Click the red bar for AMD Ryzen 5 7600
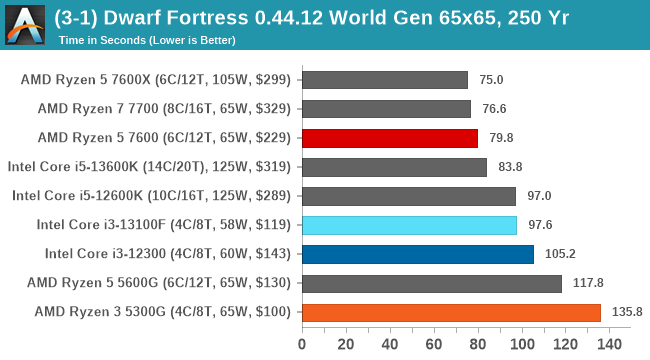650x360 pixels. [x=389, y=138]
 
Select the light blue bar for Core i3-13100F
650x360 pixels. [x=408, y=225]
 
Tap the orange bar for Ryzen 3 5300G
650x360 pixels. [x=450, y=312]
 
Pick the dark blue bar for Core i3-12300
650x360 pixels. [x=417, y=254]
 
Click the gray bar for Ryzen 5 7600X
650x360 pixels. [x=384, y=80]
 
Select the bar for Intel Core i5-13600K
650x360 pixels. [x=393, y=167]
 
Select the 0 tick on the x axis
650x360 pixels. [x=301, y=344]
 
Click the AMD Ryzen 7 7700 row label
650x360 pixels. [x=164, y=109]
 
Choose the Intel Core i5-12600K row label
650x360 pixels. [x=151, y=196]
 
